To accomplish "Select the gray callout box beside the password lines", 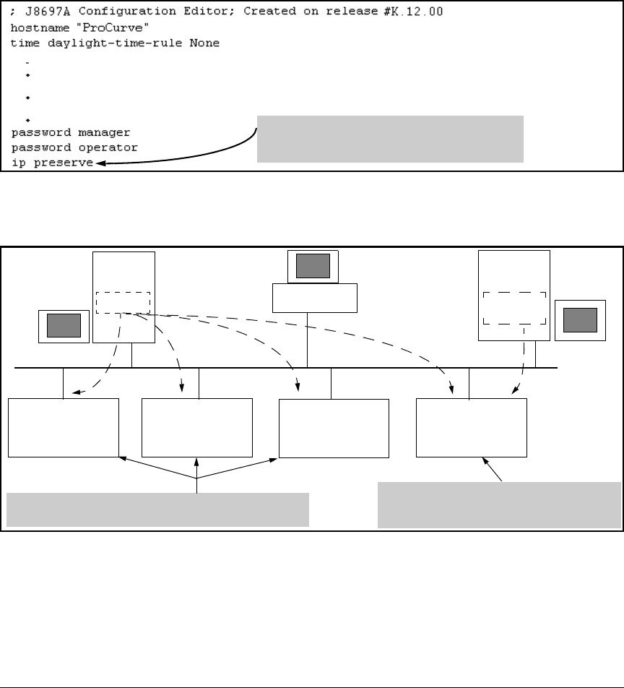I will click(x=390, y=138).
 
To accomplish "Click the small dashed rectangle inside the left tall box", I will click(x=123, y=303).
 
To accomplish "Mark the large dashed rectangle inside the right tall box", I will click(x=513, y=309).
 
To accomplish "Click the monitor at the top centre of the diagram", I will click(x=313, y=265).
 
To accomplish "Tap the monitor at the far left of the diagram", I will click(x=64, y=326).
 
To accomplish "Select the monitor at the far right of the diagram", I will click(x=580, y=319).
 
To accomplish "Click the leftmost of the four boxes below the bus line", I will click(x=64, y=427).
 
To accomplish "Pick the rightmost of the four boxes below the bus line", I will click(x=472, y=427).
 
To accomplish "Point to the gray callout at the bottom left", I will click(x=157, y=509).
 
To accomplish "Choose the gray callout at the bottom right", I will click(x=499, y=504).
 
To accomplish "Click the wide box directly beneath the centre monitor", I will click(x=315, y=298).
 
